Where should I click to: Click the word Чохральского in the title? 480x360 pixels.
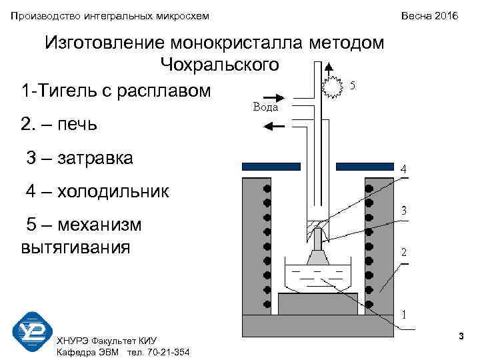coord(219,65)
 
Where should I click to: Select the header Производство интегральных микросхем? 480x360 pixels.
coord(109,15)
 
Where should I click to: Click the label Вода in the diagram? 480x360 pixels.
coord(266,107)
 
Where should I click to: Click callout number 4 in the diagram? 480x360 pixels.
coord(404,169)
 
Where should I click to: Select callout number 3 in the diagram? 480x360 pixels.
coord(404,211)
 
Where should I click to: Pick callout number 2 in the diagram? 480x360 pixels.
coord(404,253)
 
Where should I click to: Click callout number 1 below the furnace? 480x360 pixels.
coord(404,313)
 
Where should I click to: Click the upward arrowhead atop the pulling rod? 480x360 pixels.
coord(327,67)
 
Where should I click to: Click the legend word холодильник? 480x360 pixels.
coord(113,192)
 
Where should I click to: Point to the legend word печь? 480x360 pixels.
coord(79,124)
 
